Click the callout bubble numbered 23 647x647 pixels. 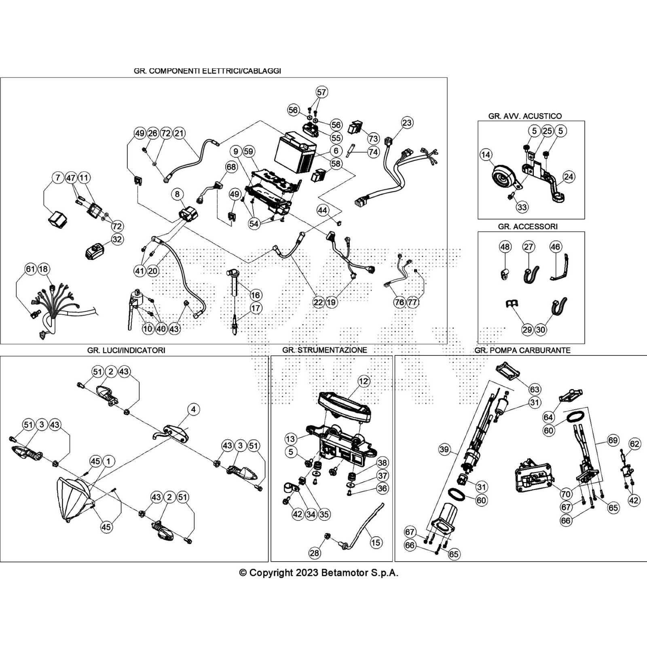407,123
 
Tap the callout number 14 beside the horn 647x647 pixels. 486,154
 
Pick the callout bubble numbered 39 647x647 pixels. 444,449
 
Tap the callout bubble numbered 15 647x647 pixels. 376,542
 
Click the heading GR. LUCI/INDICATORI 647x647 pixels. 126,350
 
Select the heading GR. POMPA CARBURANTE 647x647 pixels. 522,350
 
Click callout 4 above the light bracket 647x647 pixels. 193,409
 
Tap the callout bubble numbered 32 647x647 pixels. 117,239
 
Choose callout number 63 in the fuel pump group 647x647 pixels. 535,389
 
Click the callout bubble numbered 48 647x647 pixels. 505,247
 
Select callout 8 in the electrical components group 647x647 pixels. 177,195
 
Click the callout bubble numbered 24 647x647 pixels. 569,177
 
